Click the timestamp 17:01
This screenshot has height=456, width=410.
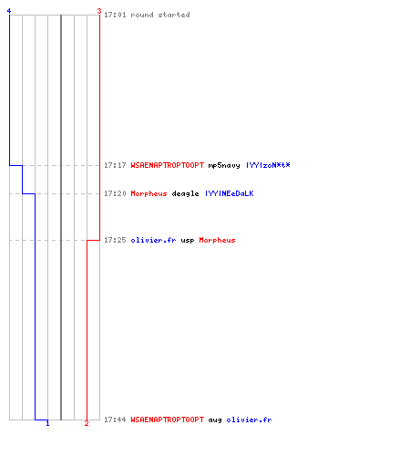[x=115, y=15]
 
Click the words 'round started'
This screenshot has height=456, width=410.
[x=160, y=15]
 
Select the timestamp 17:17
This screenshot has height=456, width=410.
[x=115, y=165]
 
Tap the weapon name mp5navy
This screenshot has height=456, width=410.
[x=224, y=165]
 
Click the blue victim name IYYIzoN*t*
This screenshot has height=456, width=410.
[x=268, y=165]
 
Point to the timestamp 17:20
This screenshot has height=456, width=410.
[x=115, y=193]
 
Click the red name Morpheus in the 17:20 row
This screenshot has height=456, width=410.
[x=149, y=193]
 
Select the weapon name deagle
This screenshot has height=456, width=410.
[x=185, y=193]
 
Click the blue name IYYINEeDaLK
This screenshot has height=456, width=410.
[x=230, y=193]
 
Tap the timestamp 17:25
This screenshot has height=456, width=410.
[x=115, y=240]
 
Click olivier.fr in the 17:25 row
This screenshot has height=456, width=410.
[x=153, y=240]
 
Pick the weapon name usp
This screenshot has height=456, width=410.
[x=188, y=241]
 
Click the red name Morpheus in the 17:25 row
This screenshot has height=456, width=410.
[x=217, y=240]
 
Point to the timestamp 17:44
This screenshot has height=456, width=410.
[x=115, y=420]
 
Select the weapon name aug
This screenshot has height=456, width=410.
[x=215, y=420]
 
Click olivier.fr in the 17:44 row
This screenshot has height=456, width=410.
[x=249, y=420]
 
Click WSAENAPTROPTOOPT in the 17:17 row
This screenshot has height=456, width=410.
[x=168, y=165]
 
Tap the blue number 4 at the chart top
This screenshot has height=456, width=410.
[x=9, y=11]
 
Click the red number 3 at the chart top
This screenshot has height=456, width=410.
[x=99, y=11]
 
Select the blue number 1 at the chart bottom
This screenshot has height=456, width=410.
[x=47, y=423]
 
